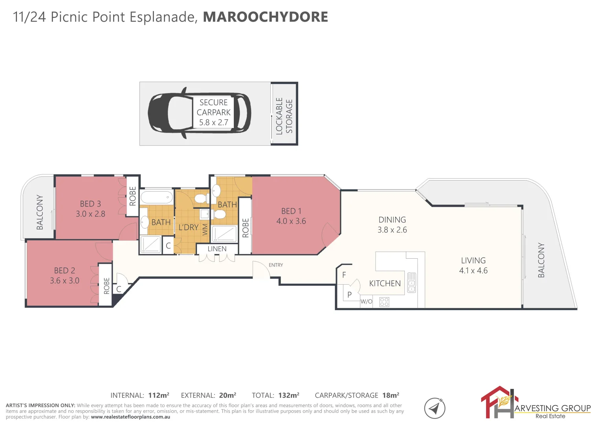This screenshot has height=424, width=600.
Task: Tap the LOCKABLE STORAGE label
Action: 284,116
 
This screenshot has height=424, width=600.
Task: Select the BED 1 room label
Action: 291,211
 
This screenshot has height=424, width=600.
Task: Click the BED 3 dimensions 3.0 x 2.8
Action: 90,214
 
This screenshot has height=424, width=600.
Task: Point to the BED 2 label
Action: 64,270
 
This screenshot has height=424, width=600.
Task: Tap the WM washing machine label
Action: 205,229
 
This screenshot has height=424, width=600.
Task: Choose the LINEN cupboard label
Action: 217,249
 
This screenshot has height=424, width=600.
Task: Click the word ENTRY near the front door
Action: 276,265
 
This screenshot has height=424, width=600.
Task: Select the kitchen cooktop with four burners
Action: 384,302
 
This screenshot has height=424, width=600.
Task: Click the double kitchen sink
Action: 411,283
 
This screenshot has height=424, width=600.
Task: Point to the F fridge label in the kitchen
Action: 344,275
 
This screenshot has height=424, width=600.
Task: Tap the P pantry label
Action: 349,294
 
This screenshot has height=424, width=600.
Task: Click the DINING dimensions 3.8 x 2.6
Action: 392,230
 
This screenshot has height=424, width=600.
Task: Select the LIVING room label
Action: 473,260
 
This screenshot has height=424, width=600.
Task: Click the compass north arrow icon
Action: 435,408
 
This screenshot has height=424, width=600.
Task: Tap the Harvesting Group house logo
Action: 497,402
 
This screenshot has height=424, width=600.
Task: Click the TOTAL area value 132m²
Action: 289,395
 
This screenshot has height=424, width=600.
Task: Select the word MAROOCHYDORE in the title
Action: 265,17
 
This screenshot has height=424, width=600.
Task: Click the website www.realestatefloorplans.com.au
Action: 130,417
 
